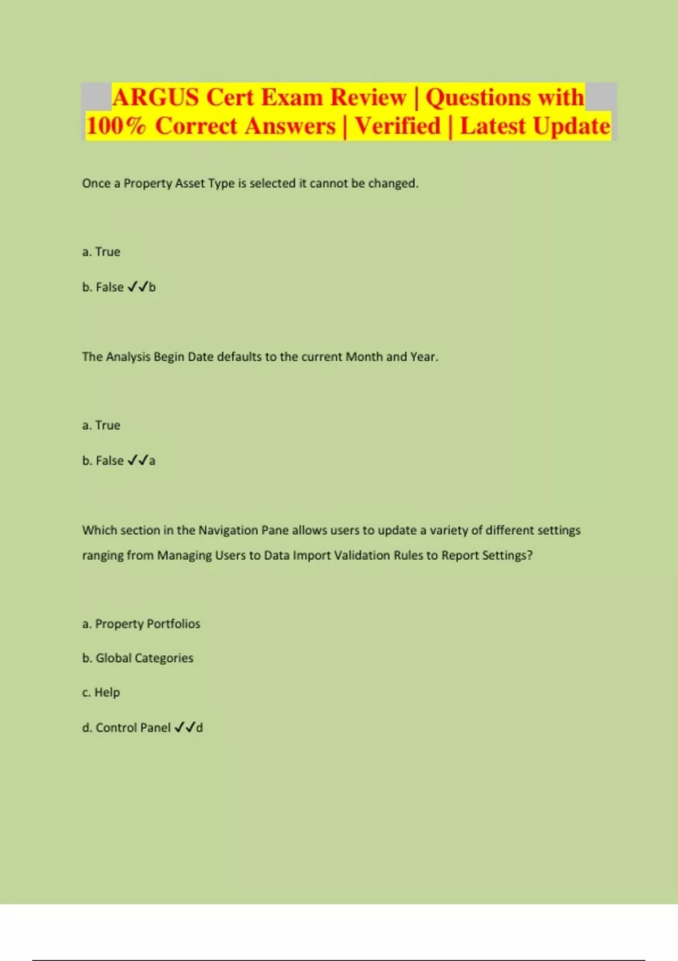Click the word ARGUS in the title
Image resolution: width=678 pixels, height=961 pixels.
155,97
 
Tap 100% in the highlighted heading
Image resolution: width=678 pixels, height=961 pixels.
116,126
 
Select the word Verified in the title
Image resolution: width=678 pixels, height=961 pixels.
398,126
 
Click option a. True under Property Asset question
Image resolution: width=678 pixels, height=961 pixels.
101,252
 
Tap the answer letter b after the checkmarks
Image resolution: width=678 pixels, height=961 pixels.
152,287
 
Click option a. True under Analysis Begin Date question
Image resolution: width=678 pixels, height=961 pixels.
101,425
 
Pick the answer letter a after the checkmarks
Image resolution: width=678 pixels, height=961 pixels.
152,461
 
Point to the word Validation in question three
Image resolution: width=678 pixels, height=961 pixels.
362,555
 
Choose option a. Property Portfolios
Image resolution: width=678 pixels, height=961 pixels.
141,624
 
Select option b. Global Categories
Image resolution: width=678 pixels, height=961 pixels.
138,658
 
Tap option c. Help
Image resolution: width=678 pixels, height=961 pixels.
101,692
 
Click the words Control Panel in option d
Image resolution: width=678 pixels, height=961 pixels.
133,728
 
